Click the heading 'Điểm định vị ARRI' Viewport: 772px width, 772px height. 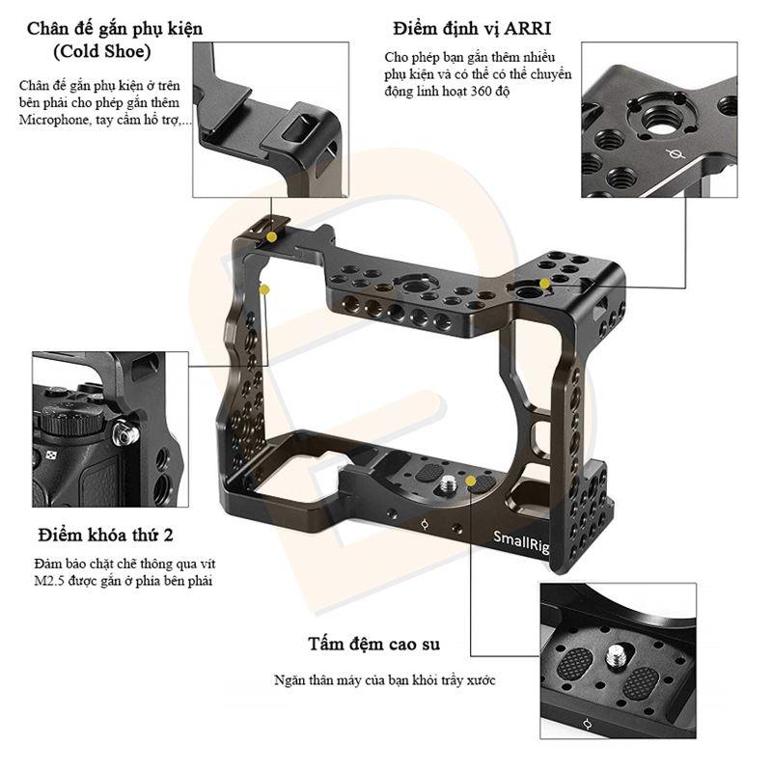(472, 29)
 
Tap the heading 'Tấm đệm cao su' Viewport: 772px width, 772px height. (374, 644)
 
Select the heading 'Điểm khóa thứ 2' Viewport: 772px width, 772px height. (106, 535)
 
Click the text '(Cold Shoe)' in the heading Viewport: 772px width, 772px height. (102, 52)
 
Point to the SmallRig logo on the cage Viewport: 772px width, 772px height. (521, 541)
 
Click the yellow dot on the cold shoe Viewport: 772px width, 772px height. (271, 236)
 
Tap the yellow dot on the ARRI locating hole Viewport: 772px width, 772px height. (544, 284)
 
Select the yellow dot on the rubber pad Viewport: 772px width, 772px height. (471, 481)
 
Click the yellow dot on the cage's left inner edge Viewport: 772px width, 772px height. (264, 289)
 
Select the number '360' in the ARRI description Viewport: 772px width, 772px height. (481, 91)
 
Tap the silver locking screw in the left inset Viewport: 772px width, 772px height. (125, 434)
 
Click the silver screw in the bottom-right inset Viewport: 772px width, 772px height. (613, 657)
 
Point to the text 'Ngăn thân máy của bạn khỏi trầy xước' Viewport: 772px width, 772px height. (384, 680)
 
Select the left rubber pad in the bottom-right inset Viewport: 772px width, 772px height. (575, 663)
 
